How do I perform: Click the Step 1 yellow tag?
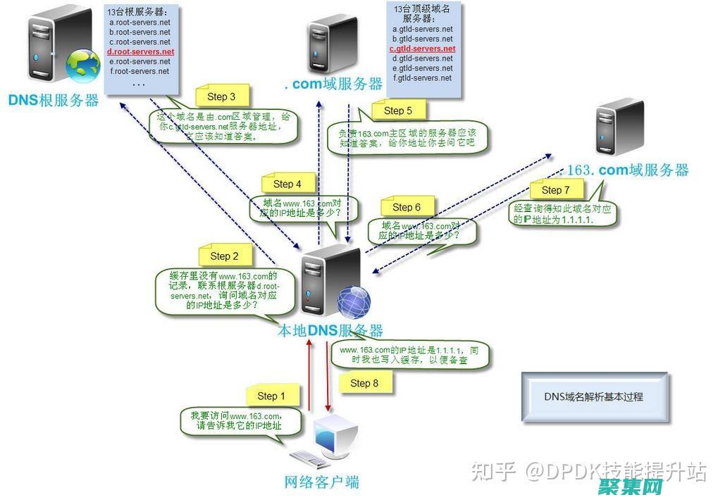coord(271,396)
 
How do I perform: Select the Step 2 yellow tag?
coord(224,256)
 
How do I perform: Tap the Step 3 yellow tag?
coord(221,96)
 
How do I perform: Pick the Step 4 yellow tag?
coord(287,184)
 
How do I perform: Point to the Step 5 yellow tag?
coord(397,111)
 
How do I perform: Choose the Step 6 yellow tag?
coord(406,207)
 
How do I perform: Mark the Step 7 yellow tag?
coord(555,190)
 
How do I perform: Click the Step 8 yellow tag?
coord(364,383)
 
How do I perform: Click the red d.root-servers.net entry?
coord(140,52)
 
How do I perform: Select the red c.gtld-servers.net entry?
coord(422,49)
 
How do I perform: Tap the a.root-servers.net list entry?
coord(140,23)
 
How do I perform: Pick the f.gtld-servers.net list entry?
coord(422,78)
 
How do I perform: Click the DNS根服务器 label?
coord(54,100)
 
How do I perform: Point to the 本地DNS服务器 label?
coord(330,330)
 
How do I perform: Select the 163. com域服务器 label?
coord(628,170)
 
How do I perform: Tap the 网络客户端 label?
coord(321,482)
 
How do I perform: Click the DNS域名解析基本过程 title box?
coord(593,397)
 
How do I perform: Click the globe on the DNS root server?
coord(82,65)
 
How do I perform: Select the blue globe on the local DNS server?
coord(354,302)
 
